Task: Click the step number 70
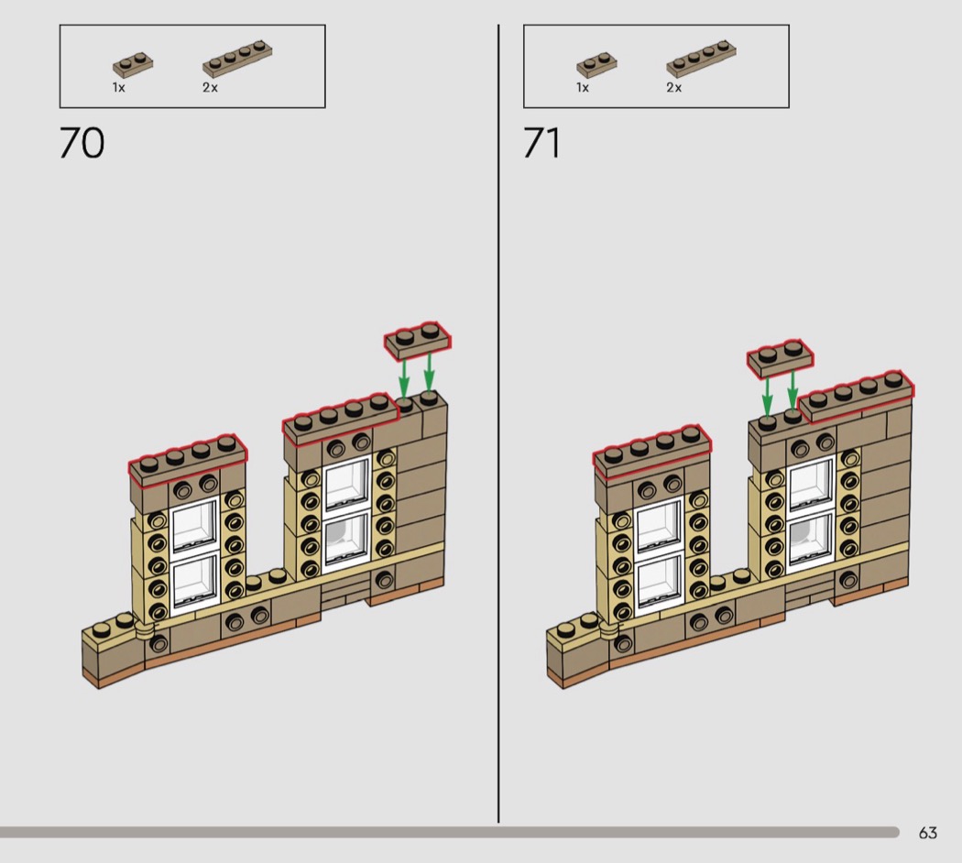82,143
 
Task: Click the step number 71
541,143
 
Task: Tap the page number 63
927,833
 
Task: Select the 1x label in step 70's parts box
118,88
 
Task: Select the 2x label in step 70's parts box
210,88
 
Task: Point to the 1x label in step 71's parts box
582,88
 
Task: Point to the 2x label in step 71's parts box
673,88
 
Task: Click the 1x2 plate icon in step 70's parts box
133,64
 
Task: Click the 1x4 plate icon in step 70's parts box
237,59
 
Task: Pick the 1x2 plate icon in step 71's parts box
596,64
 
